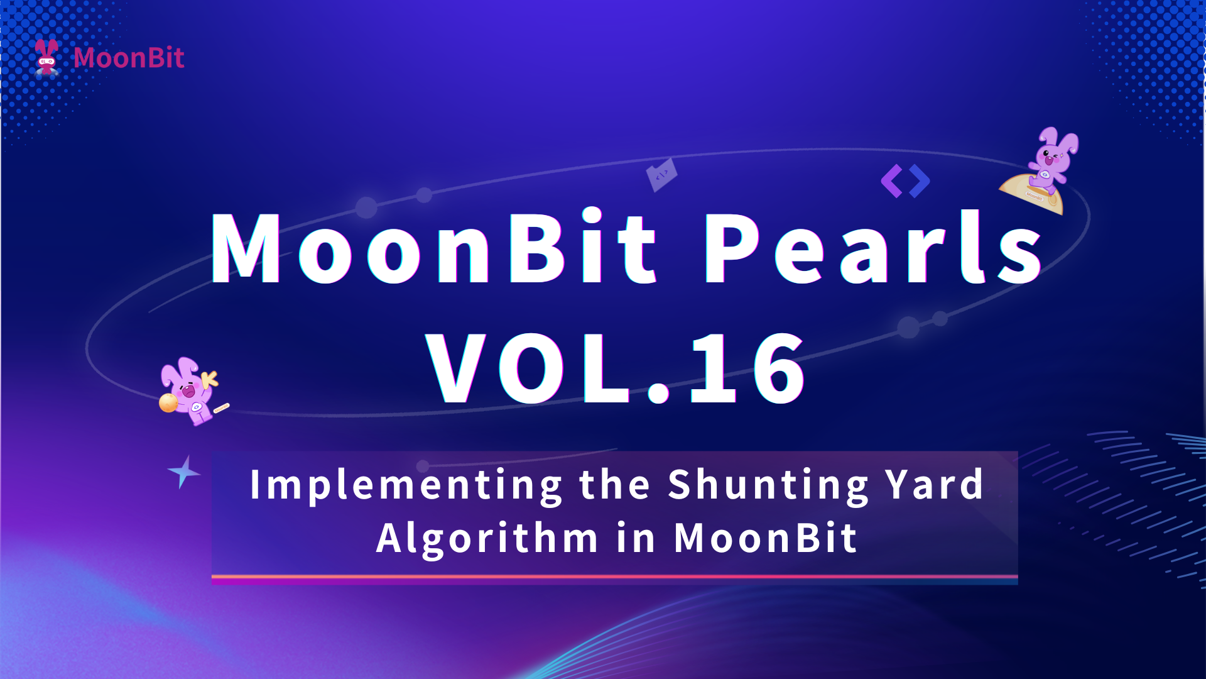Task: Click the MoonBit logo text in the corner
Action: click(129, 58)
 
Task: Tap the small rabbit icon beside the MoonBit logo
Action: click(47, 57)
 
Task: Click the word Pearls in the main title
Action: click(874, 247)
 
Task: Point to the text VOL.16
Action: click(616, 368)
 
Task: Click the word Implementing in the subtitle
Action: click(406, 486)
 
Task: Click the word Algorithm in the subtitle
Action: click(487, 539)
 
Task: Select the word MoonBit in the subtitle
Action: click(766, 538)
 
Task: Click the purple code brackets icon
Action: click(905, 181)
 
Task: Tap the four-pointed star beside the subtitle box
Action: click(184, 472)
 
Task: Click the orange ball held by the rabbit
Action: click(168, 403)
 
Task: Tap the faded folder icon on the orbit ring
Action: click(662, 175)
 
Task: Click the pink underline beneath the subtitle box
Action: click(614, 577)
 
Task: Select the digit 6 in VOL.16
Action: click(780, 368)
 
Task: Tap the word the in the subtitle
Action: click(614, 485)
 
